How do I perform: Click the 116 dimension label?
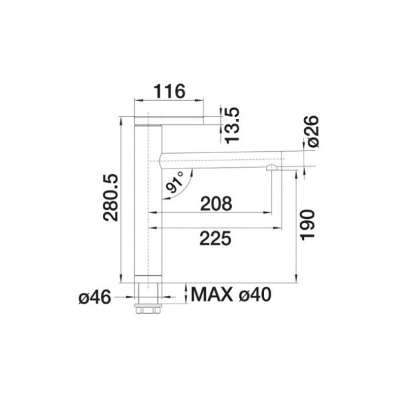pos(169,91)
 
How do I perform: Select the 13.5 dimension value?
pos(232,126)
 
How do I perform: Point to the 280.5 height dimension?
pos(111,197)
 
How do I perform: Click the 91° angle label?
pos(175,181)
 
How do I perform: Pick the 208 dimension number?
pos(216,204)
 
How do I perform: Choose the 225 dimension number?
pos(216,238)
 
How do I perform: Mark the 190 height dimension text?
pos(308,225)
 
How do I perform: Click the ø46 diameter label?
pos(95,298)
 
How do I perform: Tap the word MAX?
pos(212,295)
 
